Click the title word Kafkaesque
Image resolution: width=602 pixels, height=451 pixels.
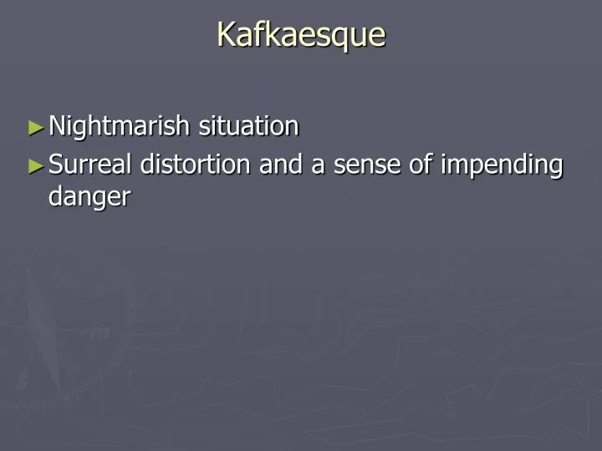pos(301,34)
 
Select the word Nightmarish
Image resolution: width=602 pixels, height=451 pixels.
pos(120,126)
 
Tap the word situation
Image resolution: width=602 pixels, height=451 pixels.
pos(248,126)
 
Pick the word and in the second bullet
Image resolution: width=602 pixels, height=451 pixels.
pos(282,165)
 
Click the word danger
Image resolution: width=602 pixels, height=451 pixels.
pos(89,198)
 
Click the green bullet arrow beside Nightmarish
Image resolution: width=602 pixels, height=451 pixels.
pos(34,128)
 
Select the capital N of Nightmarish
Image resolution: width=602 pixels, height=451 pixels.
pos(58,126)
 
